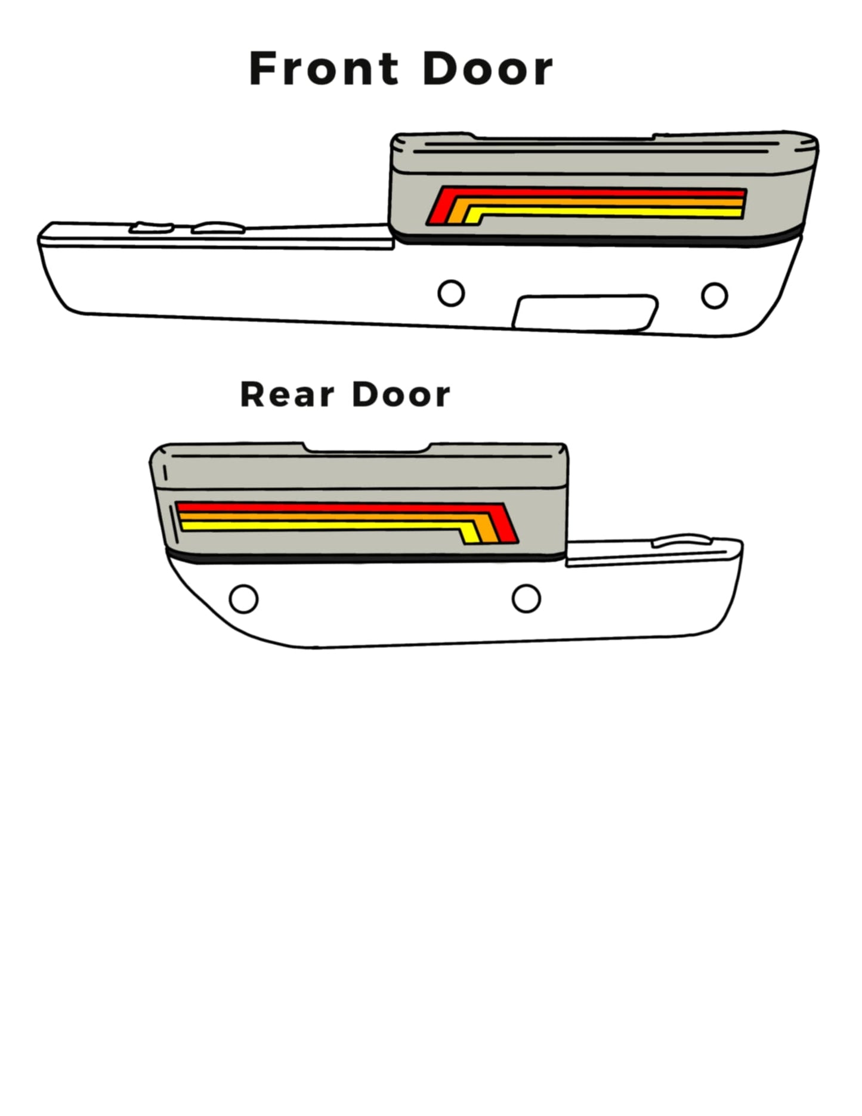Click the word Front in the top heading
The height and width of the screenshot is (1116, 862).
pos(324,69)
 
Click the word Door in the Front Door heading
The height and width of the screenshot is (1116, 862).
pos(488,69)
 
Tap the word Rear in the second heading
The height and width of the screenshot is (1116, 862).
pos(287,395)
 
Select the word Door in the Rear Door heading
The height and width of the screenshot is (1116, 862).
pos(401,395)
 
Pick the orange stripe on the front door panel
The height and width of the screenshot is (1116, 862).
pos(597,202)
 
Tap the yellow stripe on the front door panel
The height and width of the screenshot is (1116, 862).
pos(603,212)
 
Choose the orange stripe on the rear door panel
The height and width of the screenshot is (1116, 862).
pos(334,517)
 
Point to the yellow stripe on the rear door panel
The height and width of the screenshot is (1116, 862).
pos(328,525)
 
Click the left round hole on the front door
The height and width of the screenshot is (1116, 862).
pos(451,293)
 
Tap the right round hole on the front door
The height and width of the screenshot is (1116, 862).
pos(715,295)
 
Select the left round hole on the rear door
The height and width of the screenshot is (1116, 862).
pos(243,598)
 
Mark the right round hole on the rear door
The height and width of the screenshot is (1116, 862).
pos(526,598)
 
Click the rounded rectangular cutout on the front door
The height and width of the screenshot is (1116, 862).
pos(585,312)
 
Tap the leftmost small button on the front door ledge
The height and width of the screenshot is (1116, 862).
pos(152,227)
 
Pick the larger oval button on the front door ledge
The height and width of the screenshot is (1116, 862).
pos(218,227)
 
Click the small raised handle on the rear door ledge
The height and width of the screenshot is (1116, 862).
pos(682,540)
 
